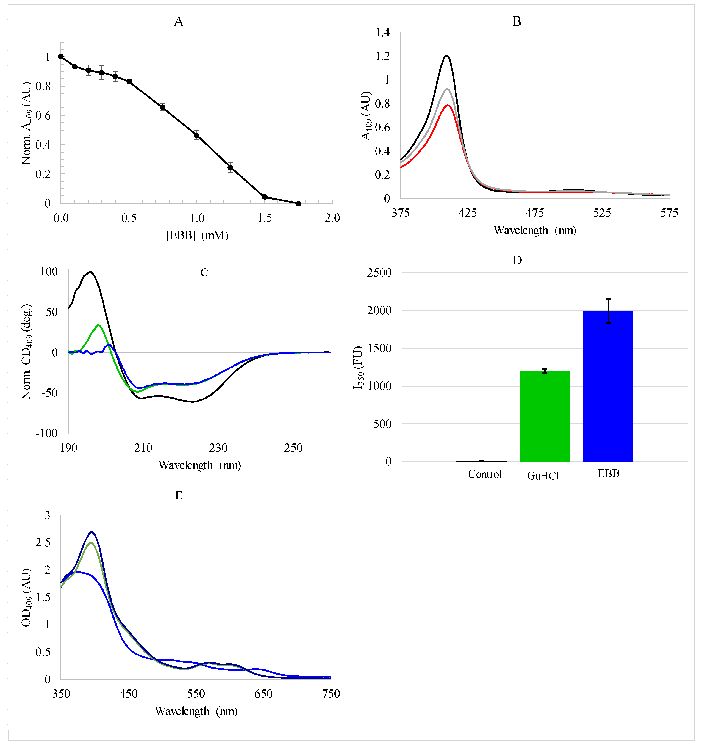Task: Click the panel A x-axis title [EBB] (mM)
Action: click(x=197, y=235)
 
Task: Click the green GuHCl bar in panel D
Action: click(x=545, y=416)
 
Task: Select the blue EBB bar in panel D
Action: click(x=608, y=386)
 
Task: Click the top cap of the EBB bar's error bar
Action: click(x=609, y=299)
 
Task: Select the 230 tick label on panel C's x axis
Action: click(x=218, y=448)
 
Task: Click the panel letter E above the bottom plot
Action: click(x=179, y=496)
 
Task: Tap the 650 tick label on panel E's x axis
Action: click(x=263, y=694)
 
